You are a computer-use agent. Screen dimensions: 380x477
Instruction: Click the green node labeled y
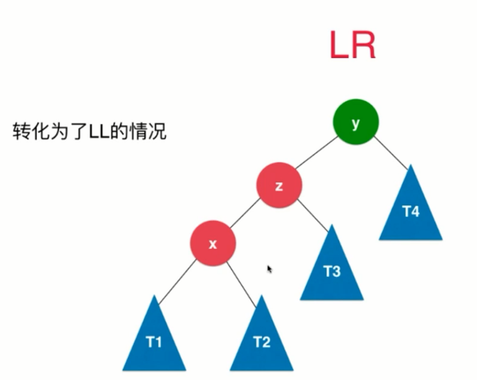point(356,122)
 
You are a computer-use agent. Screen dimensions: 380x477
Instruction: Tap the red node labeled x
point(213,244)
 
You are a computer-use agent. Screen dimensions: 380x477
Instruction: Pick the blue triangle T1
point(154,340)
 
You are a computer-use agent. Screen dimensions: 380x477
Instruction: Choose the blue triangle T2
point(262,340)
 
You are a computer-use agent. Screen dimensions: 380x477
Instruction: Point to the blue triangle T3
point(332,269)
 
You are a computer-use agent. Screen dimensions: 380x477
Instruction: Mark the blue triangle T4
point(411,209)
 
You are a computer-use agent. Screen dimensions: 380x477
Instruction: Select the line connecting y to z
point(317,153)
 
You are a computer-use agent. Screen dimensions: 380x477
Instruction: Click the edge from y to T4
point(391,152)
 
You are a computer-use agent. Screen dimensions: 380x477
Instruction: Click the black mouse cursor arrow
point(270,269)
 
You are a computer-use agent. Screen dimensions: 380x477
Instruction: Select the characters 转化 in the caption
point(27,132)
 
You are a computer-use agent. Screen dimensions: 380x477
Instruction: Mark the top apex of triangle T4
point(410,166)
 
